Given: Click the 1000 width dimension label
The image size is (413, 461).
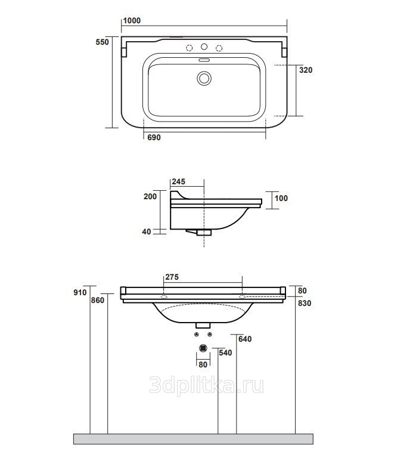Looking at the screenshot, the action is click(x=132, y=21).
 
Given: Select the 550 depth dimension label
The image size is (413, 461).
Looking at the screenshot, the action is click(x=103, y=42).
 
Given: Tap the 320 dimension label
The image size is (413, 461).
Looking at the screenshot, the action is click(x=306, y=70).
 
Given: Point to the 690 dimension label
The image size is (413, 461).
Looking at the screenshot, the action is click(x=154, y=137).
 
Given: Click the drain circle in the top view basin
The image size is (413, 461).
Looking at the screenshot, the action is click(x=204, y=78).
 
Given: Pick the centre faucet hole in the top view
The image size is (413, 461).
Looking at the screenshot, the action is click(x=204, y=47).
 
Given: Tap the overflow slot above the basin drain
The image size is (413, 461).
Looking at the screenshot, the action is click(x=204, y=60).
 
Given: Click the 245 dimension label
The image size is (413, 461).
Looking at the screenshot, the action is click(x=179, y=182).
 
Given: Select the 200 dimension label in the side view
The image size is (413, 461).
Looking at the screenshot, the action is click(x=150, y=196).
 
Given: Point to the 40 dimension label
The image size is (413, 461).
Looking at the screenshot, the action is click(x=147, y=231).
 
